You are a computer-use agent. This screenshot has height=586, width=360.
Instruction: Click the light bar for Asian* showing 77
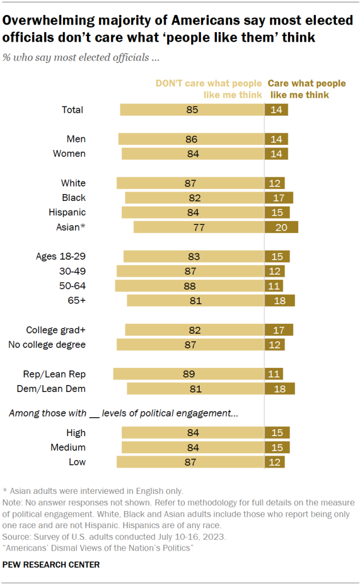pyautogui.click(x=198, y=227)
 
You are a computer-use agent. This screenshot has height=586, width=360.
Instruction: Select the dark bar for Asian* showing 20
pyautogui.click(x=281, y=227)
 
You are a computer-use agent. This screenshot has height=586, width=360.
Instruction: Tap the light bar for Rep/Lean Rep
pyautogui.click(x=188, y=374)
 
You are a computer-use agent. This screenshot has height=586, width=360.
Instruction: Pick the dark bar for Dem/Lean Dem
pyautogui.click(x=279, y=389)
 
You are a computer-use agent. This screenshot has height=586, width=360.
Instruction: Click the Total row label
pyautogui.click(x=73, y=110)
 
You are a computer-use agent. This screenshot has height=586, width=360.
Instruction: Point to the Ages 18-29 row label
pyautogui.click(x=60, y=256)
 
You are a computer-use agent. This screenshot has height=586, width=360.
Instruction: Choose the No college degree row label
pyautogui.click(x=47, y=345)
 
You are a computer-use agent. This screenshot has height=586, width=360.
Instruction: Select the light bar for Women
pyautogui.click(x=192, y=153)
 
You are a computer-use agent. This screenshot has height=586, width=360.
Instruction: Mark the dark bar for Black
pyautogui.click(x=279, y=197)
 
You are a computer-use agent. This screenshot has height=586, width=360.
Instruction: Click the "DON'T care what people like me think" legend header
pyautogui.click(x=208, y=89)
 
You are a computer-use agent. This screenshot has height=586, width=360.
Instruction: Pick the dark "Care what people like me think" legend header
pyautogui.click(x=307, y=89)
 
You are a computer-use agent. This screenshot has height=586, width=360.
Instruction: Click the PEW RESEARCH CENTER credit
pyautogui.click(x=52, y=565)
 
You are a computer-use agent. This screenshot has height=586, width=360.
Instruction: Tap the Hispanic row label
pyautogui.click(x=68, y=212)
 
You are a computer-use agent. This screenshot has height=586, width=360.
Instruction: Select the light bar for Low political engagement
pyautogui.click(x=190, y=462)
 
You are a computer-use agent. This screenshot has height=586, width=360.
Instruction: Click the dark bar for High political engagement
pyautogui.click(x=277, y=433)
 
